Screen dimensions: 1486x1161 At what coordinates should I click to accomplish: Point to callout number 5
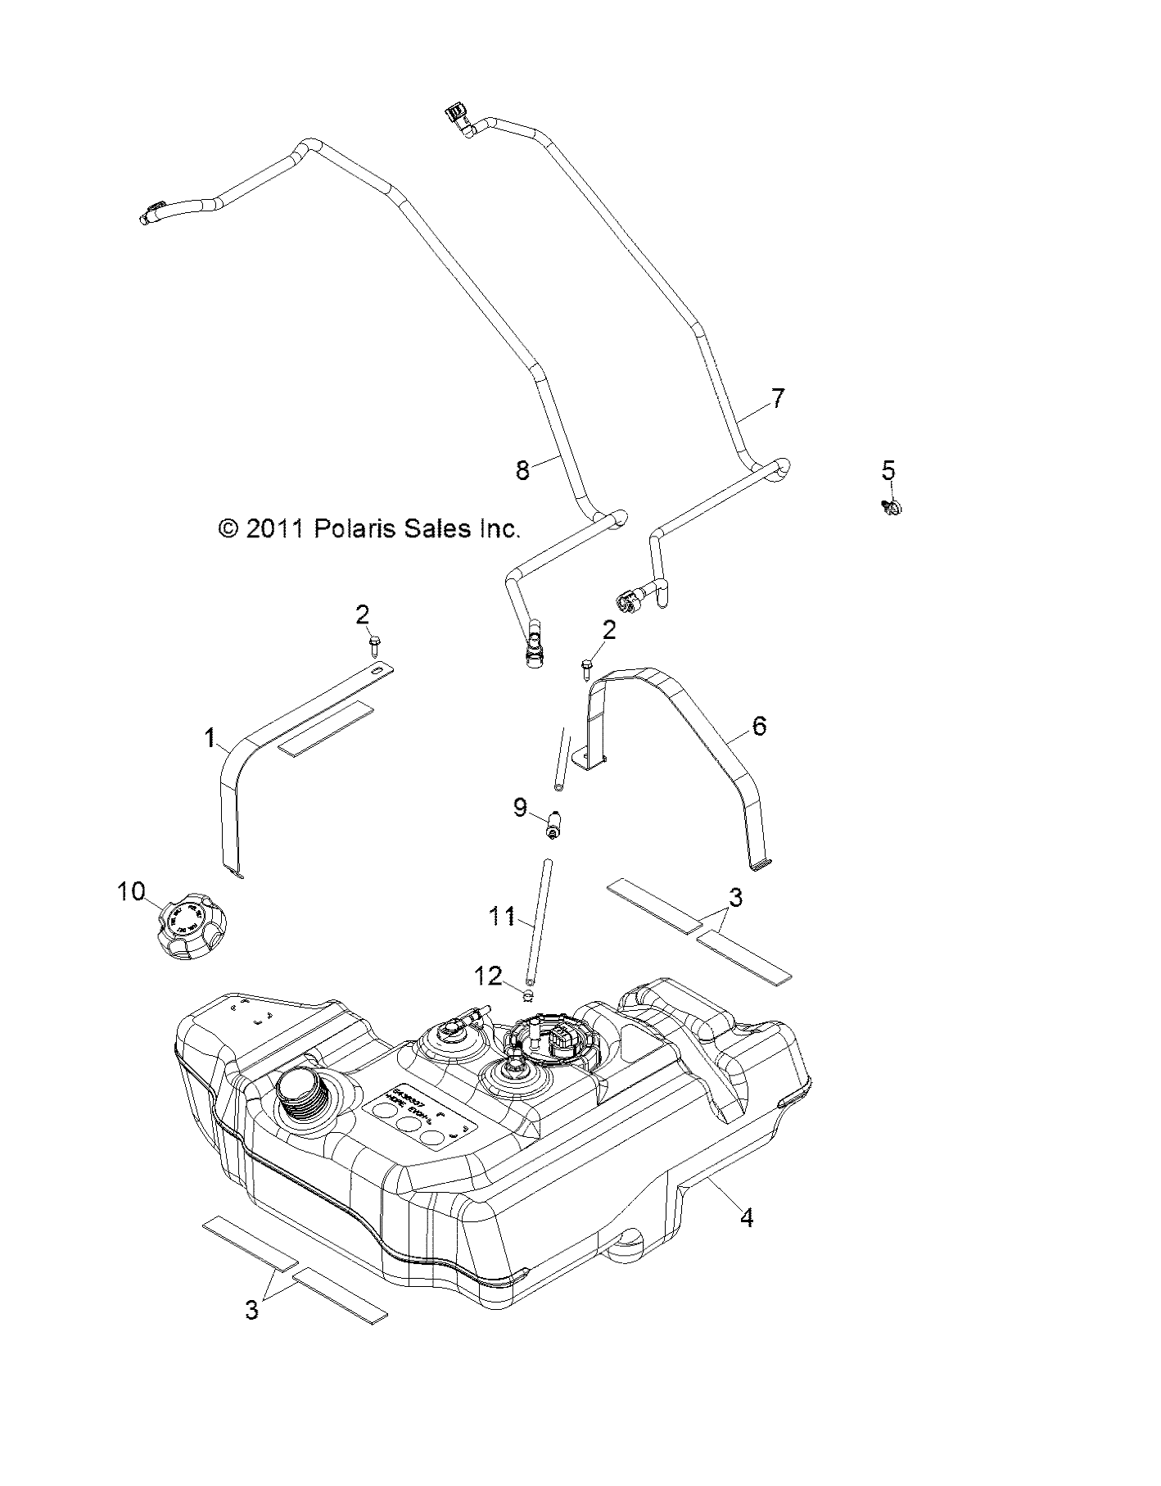point(888,470)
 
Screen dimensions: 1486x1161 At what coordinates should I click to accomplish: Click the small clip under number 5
point(893,508)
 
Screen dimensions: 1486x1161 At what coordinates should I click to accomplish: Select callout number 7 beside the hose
point(777,399)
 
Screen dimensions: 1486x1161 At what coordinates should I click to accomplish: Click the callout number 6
point(759,725)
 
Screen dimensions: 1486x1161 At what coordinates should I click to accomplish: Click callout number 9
point(521,808)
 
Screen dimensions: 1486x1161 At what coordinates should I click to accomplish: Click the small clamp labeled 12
point(528,994)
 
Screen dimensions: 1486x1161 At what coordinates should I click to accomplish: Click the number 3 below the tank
point(251,1310)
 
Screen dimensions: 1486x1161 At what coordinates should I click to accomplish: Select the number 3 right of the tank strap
point(735,898)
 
